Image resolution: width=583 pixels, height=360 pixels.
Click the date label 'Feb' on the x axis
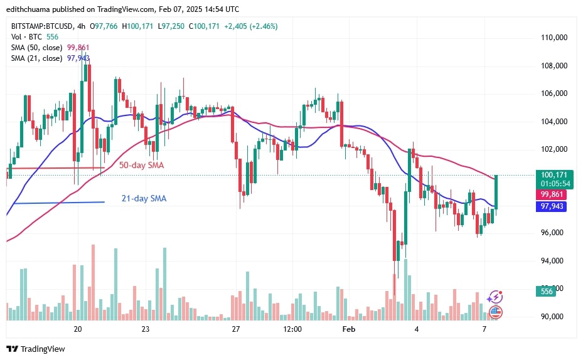pyautogui.click(x=348, y=329)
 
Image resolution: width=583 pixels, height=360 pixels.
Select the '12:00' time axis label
pyautogui.click(x=292, y=329)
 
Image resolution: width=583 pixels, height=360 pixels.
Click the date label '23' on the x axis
pyautogui.click(x=145, y=329)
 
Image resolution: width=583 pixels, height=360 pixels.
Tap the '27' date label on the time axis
pyautogui.click(x=236, y=329)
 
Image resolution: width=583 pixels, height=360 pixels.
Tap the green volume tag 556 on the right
pyautogui.click(x=547, y=292)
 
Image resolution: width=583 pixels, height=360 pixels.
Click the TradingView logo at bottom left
pyautogui.click(x=36, y=349)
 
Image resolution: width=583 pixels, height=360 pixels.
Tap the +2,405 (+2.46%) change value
pyautogui.click(x=249, y=26)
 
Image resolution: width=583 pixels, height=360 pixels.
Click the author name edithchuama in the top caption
pyautogui.click(x=28, y=9)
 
